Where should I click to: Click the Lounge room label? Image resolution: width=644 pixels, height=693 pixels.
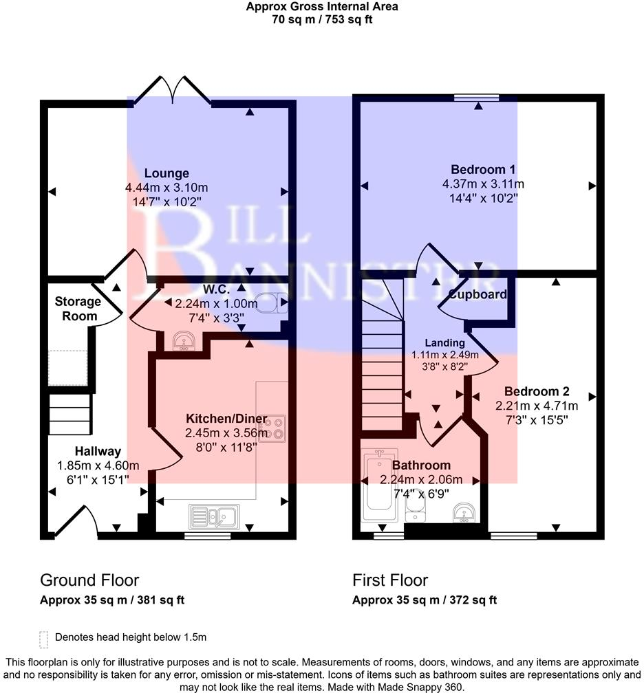coord(167,173)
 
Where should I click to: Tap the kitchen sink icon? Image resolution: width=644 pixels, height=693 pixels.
coord(215,516)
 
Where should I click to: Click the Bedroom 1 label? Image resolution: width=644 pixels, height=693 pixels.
coord(483,169)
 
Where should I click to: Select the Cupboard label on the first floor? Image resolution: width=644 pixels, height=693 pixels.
coord(477,295)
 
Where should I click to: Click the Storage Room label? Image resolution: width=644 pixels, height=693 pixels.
coord(78,309)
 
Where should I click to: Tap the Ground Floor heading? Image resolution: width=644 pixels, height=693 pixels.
coord(89,580)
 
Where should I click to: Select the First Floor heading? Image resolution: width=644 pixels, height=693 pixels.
coord(390,580)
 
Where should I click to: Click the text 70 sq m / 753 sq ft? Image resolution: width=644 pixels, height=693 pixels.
coord(322,19)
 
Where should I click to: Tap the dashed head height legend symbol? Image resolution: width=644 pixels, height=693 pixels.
coord(44,639)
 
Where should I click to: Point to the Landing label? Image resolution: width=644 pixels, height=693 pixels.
coord(445,342)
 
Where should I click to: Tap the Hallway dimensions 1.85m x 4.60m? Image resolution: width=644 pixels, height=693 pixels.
coord(98,465)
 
